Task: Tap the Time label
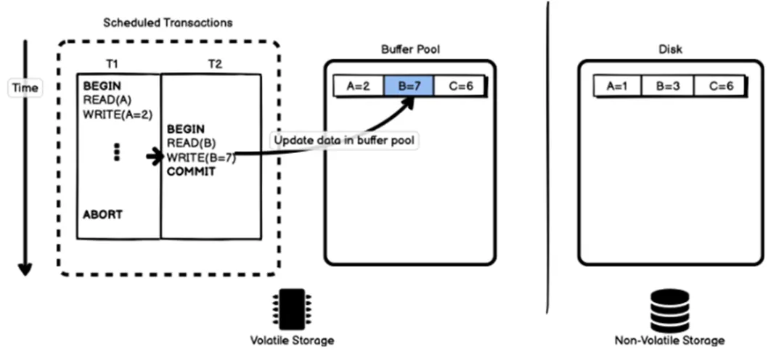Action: point(25,87)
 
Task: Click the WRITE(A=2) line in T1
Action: point(118,114)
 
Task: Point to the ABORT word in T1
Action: point(102,215)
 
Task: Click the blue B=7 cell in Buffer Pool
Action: point(409,86)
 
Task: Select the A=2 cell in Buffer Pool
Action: point(359,86)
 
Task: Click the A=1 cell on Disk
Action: point(618,86)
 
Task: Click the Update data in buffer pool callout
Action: point(343,139)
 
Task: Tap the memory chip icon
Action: point(292,310)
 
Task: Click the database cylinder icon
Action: point(669,310)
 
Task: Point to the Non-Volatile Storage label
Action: point(669,340)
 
